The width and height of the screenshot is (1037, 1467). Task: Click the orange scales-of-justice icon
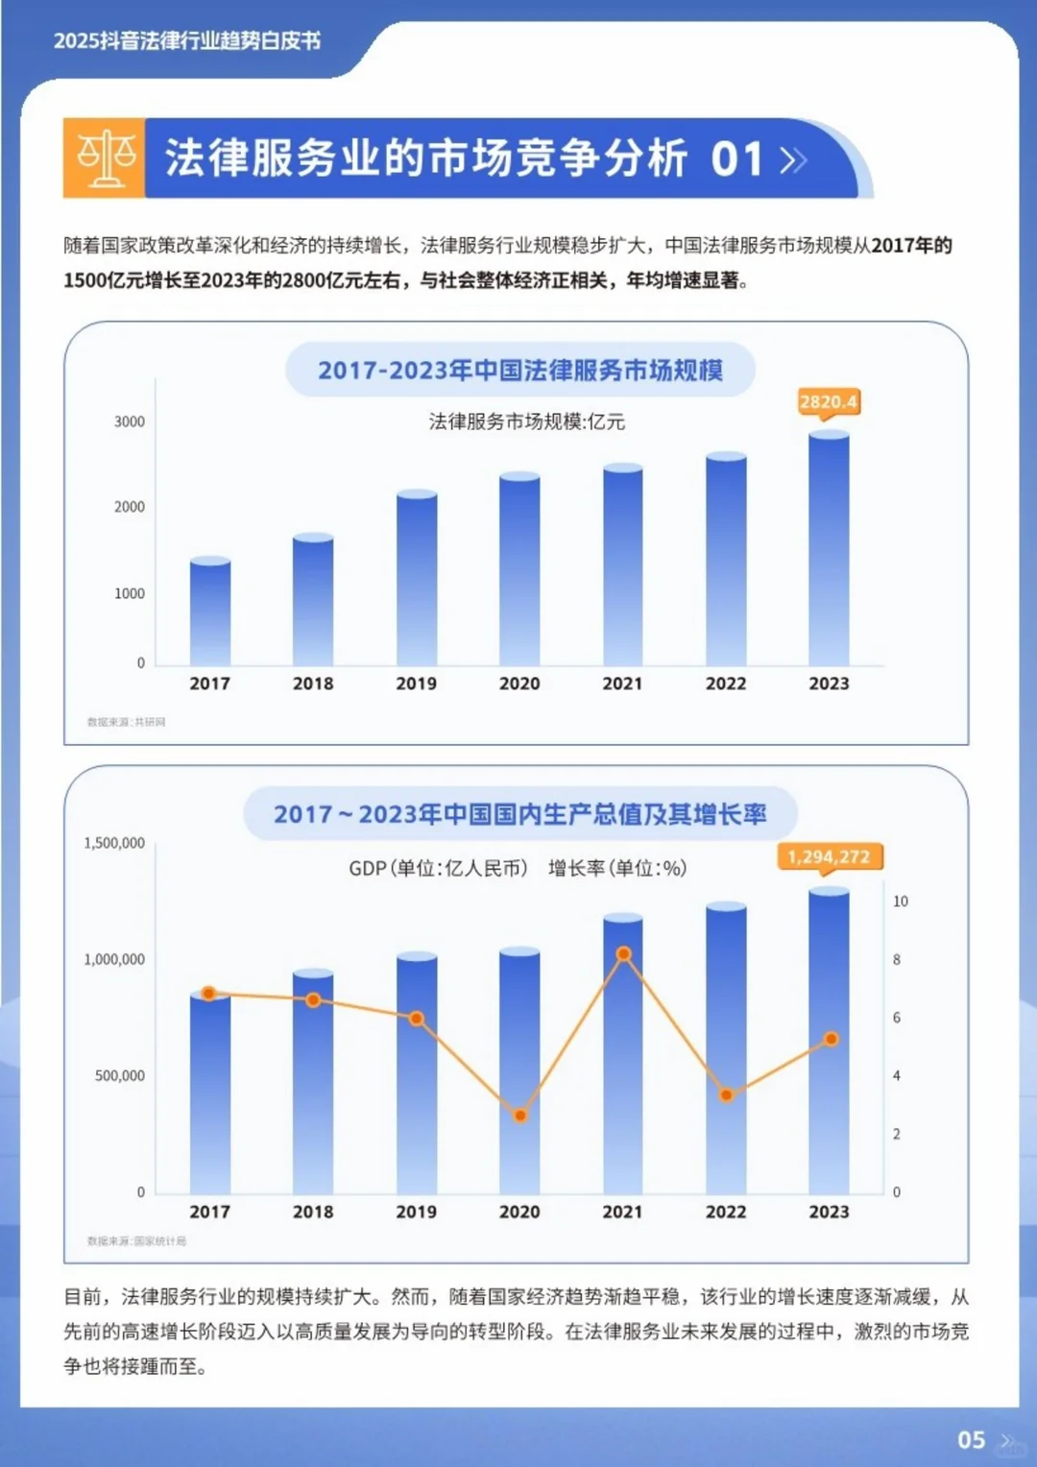(x=106, y=158)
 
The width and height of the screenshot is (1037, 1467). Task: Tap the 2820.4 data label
(x=829, y=401)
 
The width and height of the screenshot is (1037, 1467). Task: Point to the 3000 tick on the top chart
(x=130, y=421)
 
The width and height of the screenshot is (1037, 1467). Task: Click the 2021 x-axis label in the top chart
(x=622, y=684)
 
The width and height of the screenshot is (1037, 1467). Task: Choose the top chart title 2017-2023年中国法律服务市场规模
(x=520, y=370)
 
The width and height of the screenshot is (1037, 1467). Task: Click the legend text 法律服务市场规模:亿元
(x=526, y=421)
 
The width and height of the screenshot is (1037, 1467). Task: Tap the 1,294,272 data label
(x=829, y=856)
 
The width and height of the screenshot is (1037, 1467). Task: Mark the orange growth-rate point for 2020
(x=520, y=1116)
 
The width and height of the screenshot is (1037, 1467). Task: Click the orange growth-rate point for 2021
(x=623, y=954)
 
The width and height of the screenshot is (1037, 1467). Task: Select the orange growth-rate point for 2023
(x=832, y=1039)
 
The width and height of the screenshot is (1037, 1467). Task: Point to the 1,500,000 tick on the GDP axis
(x=114, y=843)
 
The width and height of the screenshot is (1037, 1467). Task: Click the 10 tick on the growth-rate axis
(x=901, y=902)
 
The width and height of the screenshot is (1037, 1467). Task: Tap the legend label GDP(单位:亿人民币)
(x=438, y=868)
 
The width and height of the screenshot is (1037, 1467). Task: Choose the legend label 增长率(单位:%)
(x=617, y=868)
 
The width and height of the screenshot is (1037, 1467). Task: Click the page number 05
(x=971, y=1440)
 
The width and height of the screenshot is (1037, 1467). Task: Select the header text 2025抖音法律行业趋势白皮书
(x=187, y=41)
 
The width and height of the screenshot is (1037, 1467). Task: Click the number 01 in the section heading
(x=736, y=158)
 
